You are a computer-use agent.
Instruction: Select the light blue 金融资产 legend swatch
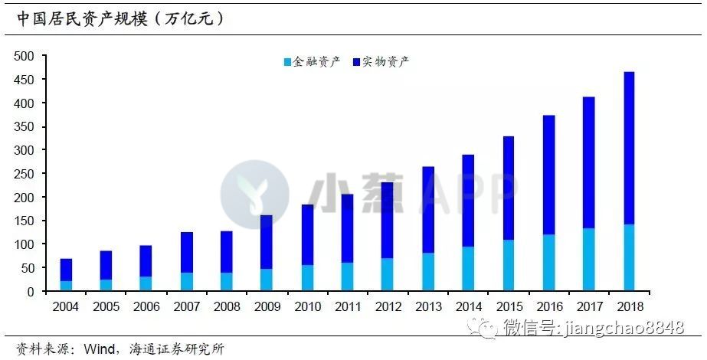point(288,62)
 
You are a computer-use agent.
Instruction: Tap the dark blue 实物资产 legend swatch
point(358,62)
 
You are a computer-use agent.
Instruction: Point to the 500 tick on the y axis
point(25,56)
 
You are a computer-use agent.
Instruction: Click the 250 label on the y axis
point(25,174)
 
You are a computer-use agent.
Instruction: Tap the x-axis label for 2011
point(347,306)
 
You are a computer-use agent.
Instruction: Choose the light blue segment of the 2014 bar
point(467,269)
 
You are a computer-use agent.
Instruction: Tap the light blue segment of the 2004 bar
point(67,286)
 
